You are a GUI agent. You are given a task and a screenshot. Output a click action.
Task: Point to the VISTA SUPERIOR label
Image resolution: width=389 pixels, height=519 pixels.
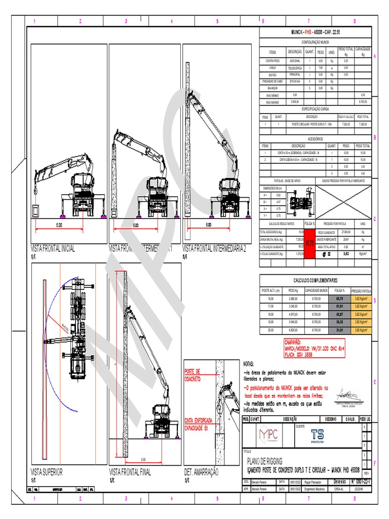[47, 472]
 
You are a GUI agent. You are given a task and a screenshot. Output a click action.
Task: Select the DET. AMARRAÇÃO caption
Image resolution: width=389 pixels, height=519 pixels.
[201, 472]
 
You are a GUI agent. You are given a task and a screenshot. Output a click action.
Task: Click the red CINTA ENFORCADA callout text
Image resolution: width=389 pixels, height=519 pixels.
[198, 410]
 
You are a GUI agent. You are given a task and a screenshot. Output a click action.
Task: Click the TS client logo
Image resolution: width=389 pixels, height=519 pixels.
[318, 436]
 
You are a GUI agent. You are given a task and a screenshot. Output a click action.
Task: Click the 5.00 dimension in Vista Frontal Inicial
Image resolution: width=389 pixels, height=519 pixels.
[59, 225]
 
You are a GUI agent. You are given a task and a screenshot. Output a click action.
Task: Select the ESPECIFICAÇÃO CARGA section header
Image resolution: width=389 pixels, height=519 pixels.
[316, 109]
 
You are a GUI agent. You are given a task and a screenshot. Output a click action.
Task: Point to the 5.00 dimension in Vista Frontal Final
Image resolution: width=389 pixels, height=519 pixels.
[143, 459]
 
